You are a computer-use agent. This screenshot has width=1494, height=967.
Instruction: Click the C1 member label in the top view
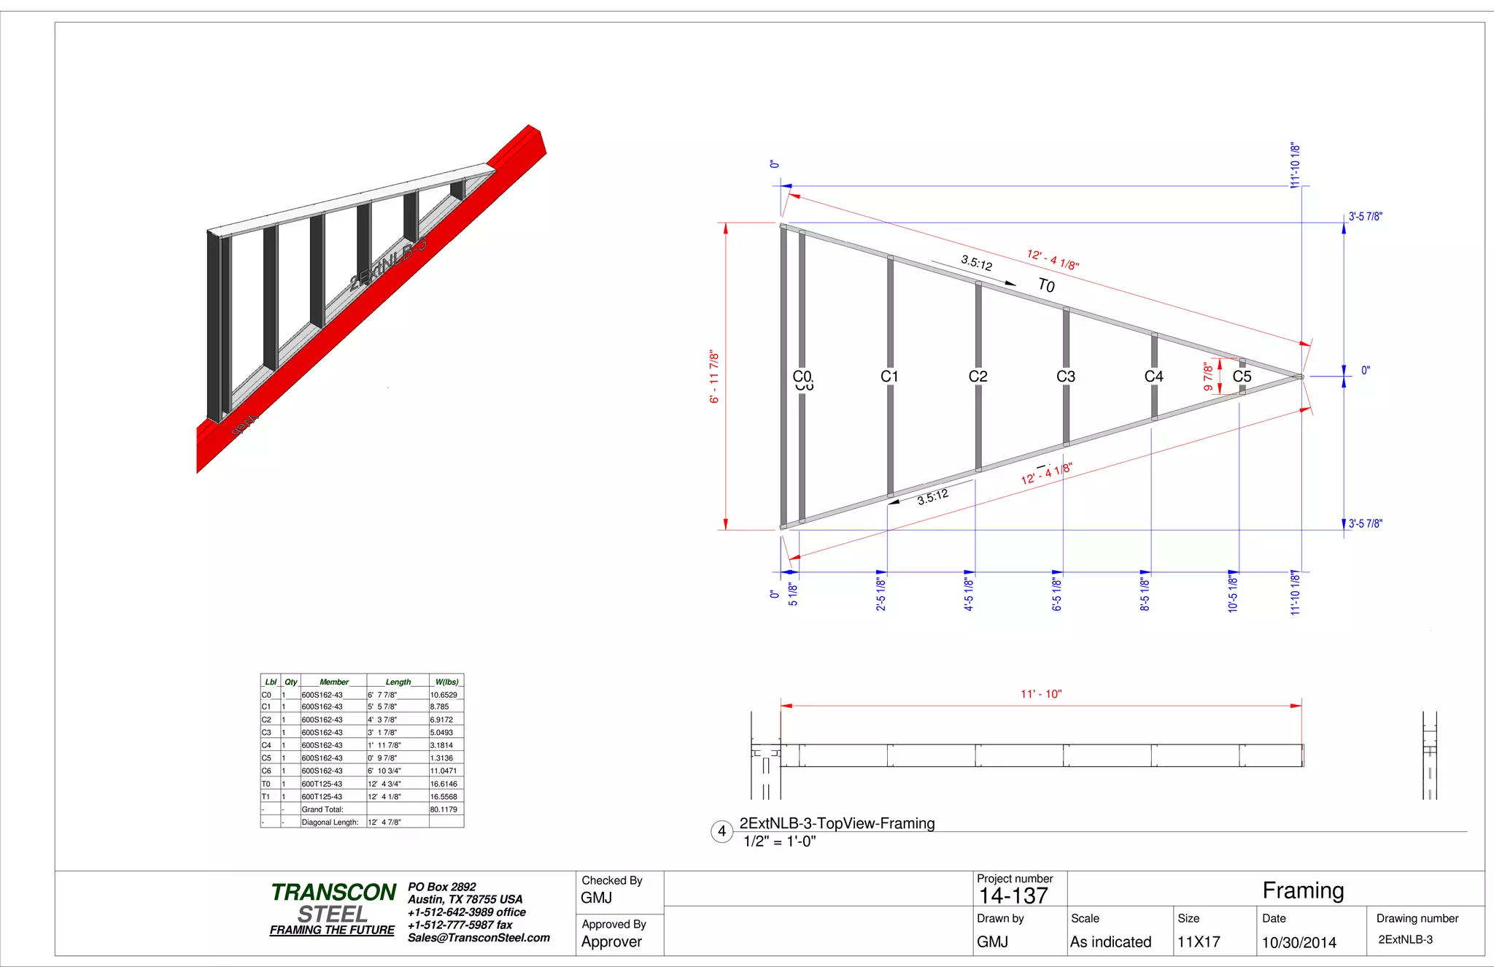889,377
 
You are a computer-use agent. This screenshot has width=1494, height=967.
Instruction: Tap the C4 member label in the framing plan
1153,377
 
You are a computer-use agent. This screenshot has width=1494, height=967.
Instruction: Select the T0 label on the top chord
1046,285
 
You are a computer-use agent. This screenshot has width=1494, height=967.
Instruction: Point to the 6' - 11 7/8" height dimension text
714,377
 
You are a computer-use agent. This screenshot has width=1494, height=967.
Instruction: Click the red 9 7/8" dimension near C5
1208,377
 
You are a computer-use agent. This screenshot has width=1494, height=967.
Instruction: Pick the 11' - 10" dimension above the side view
1041,694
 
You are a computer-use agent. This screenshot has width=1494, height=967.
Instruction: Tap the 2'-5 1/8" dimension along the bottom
881,594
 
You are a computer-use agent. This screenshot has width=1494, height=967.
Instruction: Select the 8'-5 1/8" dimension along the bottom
1145,594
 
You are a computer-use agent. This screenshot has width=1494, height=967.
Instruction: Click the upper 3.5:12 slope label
976,263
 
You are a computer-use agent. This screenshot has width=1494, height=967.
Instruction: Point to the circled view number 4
721,831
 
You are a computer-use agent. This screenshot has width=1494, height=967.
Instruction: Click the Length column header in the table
398,682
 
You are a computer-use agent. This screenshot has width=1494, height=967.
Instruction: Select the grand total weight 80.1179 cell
444,809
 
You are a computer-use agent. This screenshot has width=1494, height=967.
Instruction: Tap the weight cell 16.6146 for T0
444,784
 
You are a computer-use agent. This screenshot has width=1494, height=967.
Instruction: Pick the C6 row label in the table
266,771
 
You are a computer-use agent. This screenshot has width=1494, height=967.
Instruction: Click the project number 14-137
1013,896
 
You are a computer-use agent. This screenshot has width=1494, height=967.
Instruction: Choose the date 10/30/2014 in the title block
1299,942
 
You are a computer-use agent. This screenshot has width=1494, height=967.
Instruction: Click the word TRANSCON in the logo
333,893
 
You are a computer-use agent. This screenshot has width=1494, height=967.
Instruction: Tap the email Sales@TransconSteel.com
479,938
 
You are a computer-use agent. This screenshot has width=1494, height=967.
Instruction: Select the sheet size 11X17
1199,942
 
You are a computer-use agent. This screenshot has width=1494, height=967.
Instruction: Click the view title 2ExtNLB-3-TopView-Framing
837,823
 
